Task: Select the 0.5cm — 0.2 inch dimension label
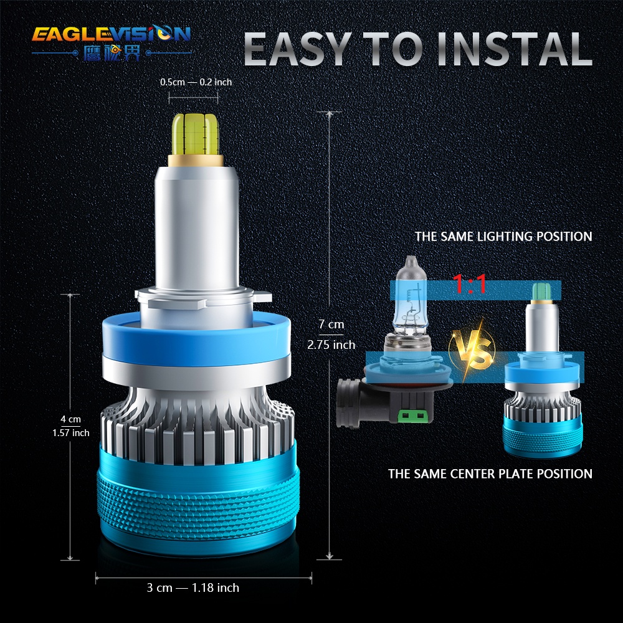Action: pos(196,82)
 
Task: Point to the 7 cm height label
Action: pos(331,324)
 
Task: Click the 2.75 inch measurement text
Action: pos(331,345)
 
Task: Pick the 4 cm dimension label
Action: pos(70,419)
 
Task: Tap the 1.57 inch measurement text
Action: pos(70,432)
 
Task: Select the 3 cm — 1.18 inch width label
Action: pos(193,587)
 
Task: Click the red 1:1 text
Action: pos(470,286)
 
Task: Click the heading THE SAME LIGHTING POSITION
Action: pos(503,237)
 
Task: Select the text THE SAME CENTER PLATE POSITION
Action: pos(490,473)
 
